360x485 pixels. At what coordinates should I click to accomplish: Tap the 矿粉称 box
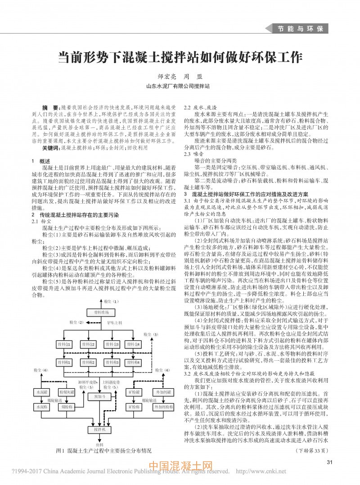134,407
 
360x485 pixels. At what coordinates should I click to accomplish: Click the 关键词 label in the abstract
51,148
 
